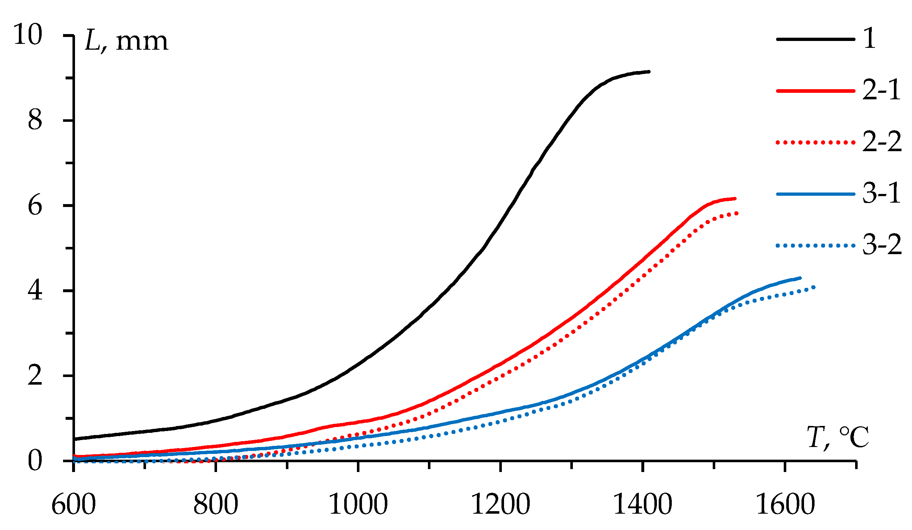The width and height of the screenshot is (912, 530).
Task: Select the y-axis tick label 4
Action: tap(35, 291)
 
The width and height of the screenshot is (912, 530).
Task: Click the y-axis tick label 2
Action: tap(35, 376)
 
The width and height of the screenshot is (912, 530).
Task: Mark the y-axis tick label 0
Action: tap(35, 461)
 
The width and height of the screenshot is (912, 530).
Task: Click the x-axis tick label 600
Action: tap(74, 505)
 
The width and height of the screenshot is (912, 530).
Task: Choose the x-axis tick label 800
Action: tap(216, 505)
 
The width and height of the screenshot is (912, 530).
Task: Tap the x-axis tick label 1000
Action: tap(358, 505)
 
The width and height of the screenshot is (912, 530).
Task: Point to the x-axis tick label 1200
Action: tap(500, 505)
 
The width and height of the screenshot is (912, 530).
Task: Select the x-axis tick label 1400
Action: tap(642, 505)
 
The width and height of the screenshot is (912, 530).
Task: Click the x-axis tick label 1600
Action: tap(785, 505)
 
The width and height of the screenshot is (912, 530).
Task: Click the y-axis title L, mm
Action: tap(126, 42)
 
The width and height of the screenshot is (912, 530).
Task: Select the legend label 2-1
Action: tap(881, 90)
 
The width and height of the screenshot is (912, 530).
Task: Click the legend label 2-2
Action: tap(881, 142)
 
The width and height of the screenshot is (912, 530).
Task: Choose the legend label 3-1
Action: tap(881, 194)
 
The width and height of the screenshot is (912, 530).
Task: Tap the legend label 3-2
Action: tap(881, 245)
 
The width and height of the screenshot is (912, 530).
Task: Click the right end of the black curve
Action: tap(649, 72)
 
